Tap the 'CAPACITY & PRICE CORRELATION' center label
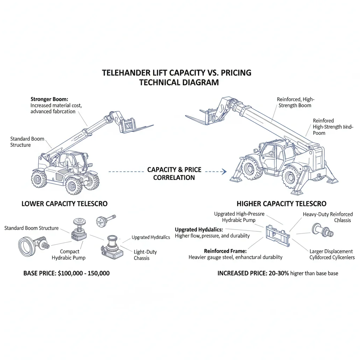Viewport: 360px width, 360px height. (174, 174)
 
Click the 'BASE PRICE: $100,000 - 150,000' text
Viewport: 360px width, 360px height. (66, 273)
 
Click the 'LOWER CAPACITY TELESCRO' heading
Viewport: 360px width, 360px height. (65, 204)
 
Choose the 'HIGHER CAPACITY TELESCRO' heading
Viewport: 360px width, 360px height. (281, 204)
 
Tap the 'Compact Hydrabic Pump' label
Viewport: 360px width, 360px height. (69, 255)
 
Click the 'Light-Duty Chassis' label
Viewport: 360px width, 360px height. (145, 255)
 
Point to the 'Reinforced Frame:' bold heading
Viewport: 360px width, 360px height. (225, 251)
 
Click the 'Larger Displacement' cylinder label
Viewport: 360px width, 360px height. (331, 251)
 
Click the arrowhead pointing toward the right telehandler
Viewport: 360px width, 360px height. (223, 172)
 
